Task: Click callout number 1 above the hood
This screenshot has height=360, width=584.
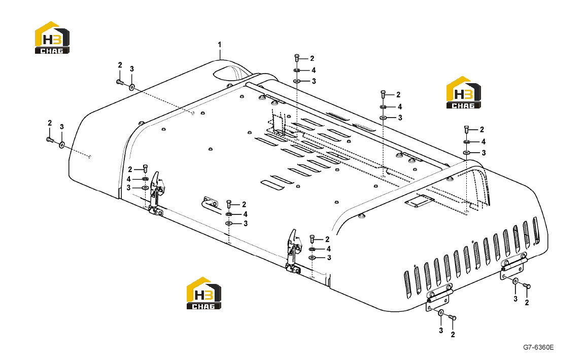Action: coord(219,45)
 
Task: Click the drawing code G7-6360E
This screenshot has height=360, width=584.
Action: coord(538,347)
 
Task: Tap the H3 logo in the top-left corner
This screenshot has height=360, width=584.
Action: coord(52,38)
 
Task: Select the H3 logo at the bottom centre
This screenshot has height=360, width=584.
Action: coord(204,293)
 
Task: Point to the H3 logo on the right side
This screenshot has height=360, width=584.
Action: coord(464,92)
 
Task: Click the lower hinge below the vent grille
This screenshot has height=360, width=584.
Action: coord(439,298)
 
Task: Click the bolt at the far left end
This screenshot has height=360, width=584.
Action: coord(49,139)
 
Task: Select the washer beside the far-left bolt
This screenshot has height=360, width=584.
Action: coord(62,143)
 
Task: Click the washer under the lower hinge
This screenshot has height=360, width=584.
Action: coord(440,314)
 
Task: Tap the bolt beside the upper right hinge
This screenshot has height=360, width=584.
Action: coord(527,286)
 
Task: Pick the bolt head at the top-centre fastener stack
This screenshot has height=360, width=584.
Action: coord(297,57)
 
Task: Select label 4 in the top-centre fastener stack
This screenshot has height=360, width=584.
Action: coord(314,70)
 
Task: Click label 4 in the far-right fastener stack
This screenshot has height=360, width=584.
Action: coord(484,142)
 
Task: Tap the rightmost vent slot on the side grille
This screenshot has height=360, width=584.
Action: coord(536,230)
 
